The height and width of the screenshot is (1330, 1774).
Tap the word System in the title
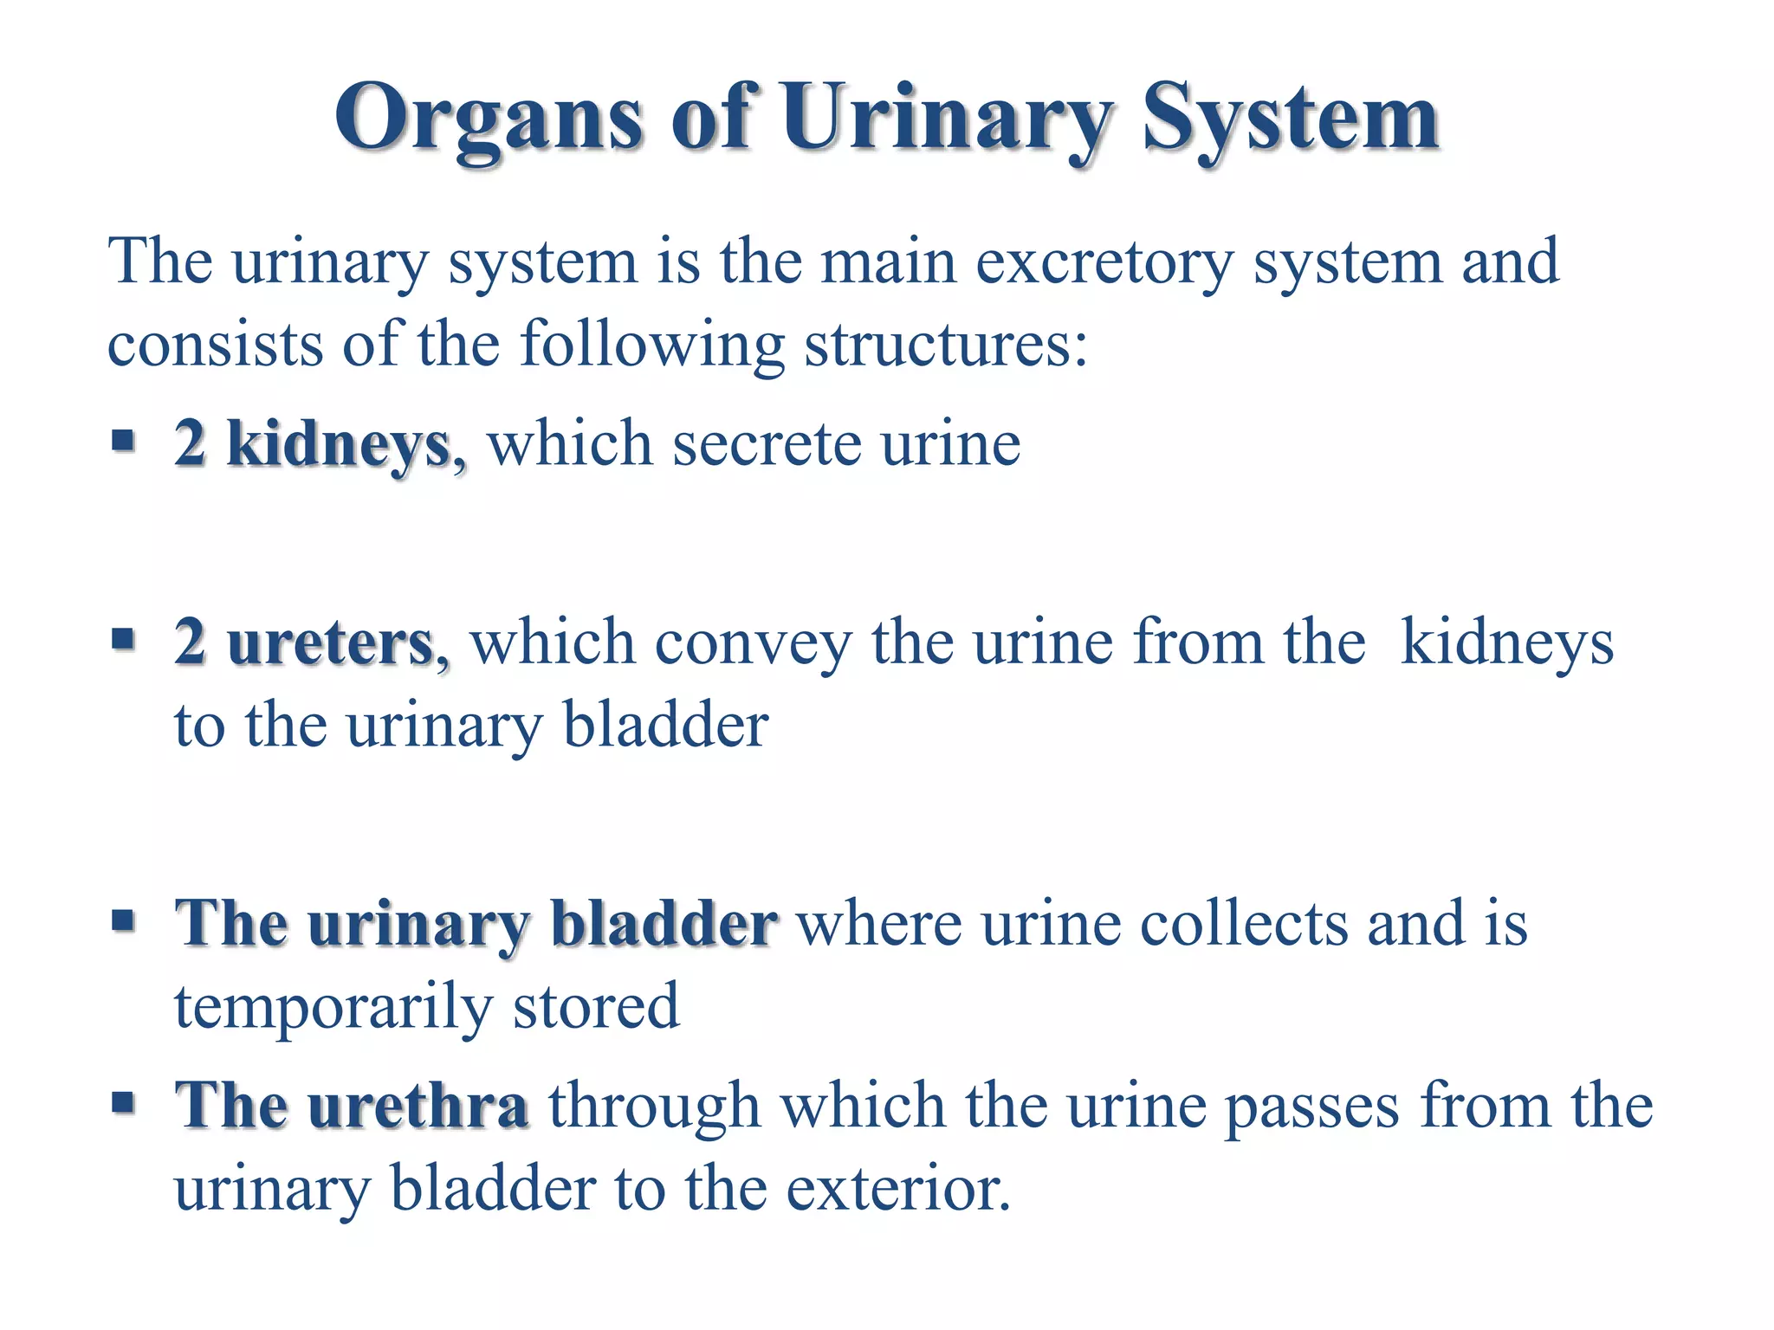coord(1290,119)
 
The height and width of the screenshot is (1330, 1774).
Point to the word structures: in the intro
coord(945,345)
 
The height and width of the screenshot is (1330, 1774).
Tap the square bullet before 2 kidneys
coord(124,441)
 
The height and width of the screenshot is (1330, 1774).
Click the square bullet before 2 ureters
coord(124,640)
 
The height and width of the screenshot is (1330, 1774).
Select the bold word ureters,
coord(338,643)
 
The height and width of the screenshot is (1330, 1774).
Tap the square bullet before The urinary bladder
coord(124,920)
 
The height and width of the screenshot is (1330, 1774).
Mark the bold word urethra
coord(418,1106)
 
